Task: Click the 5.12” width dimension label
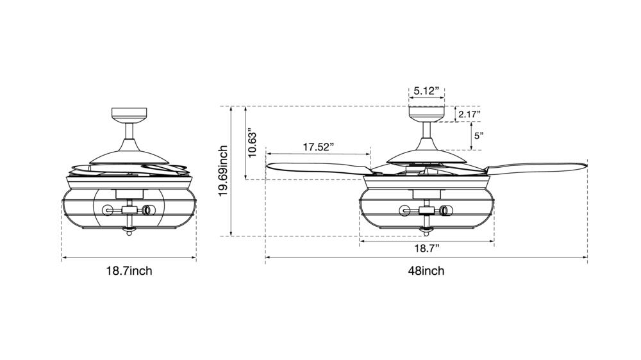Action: click(426, 91)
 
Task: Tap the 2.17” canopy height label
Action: click(469, 114)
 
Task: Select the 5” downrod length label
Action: click(479, 135)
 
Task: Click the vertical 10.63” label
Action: click(252, 145)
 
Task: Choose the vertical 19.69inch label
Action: click(223, 171)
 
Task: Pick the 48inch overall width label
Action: click(426, 270)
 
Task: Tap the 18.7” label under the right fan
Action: click(427, 249)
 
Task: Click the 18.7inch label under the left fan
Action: click(129, 270)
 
